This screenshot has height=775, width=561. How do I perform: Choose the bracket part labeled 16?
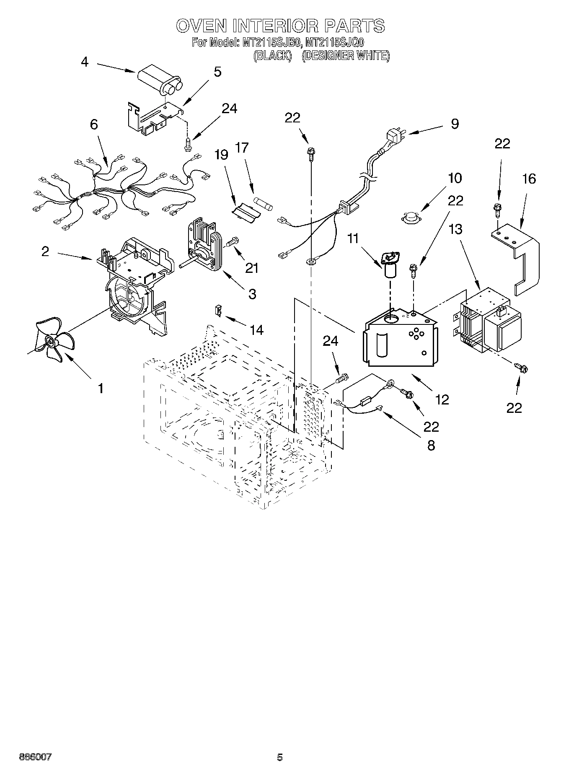pyautogui.click(x=520, y=256)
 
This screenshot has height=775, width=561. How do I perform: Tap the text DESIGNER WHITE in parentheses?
pyautogui.click(x=346, y=56)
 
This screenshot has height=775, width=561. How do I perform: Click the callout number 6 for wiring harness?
pyautogui.click(x=94, y=124)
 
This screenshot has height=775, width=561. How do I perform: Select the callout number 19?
pyautogui.click(x=222, y=155)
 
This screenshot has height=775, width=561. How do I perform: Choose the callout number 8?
pyautogui.click(x=431, y=445)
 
